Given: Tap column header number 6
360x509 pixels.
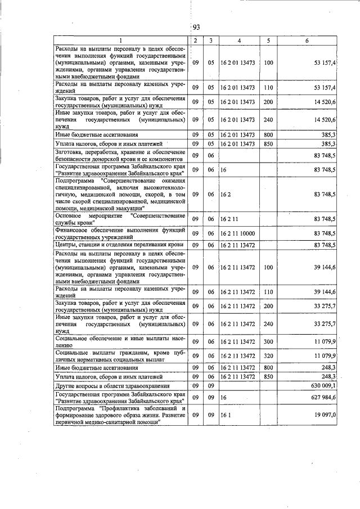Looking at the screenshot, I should tap(307, 40).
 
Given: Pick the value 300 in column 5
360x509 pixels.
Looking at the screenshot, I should tap(268, 341).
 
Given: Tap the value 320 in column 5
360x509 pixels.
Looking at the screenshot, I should tap(268, 356).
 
